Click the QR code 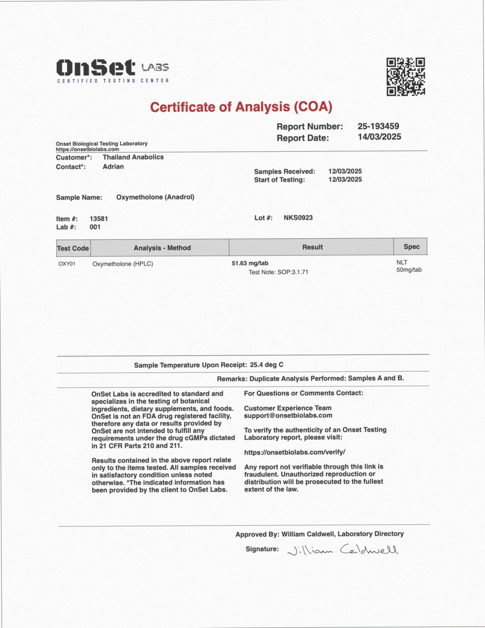tap(405, 77)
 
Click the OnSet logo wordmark tap(96, 68)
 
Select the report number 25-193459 tap(378, 126)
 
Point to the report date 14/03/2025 tap(379, 137)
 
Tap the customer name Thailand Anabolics tap(133, 157)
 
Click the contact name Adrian tap(113, 166)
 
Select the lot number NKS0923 tap(298, 218)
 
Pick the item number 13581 tap(99, 218)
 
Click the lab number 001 tap(95, 227)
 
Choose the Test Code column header tap(73, 248)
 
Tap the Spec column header tap(411, 247)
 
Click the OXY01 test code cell tap(67, 264)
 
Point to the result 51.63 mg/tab tap(250, 263)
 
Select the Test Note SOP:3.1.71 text tap(278, 272)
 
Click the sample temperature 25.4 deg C tap(266, 365)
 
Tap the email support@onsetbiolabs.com tap(288, 415)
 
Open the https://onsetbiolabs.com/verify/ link tap(294, 452)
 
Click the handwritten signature tap(342, 550)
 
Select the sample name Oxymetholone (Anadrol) tap(155, 197)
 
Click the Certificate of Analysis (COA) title tap(241, 107)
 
